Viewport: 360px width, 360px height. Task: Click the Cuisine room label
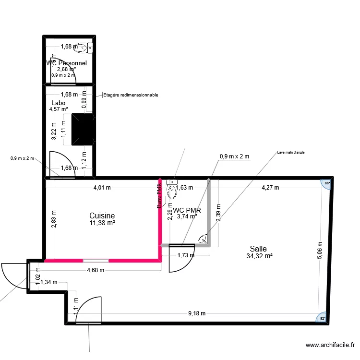pyautogui.click(x=102, y=216)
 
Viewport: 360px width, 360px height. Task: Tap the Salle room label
pyautogui.click(x=258, y=249)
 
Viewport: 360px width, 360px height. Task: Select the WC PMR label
pyautogui.click(x=187, y=210)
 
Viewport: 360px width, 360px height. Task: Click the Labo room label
pyautogui.click(x=58, y=103)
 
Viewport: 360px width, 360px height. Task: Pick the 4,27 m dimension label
pyautogui.click(x=269, y=188)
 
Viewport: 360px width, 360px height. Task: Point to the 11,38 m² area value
pyautogui.click(x=102, y=223)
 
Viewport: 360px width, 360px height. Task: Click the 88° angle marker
pyautogui.click(x=327, y=184)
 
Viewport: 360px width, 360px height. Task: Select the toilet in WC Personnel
pyautogui.click(x=85, y=47)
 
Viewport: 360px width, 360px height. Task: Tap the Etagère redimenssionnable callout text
pyautogui.click(x=131, y=95)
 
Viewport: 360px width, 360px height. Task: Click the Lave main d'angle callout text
pyautogui.click(x=291, y=153)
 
